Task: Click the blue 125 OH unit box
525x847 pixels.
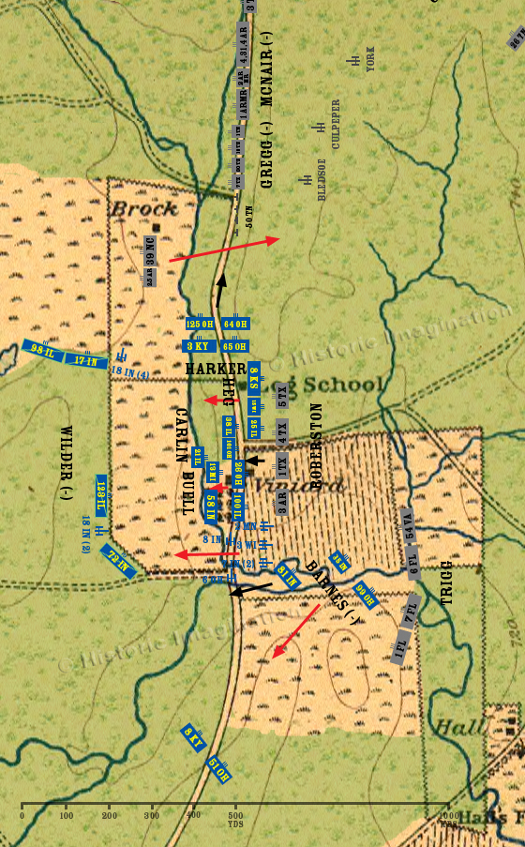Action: pos(200,325)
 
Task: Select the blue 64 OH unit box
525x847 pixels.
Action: pos(235,325)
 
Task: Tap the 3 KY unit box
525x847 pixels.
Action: pos(200,345)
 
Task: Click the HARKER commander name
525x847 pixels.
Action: pos(216,369)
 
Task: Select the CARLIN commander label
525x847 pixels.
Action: pos(182,432)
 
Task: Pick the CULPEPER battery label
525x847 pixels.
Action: pos(336,125)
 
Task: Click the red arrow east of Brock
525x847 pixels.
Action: pos(225,249)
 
